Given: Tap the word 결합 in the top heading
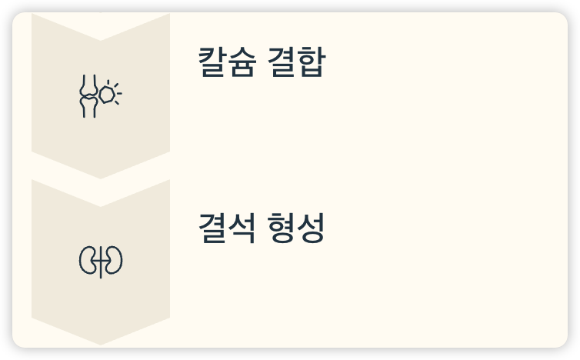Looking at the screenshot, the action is tap(298, 62).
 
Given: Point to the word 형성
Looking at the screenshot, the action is tap(297, 228).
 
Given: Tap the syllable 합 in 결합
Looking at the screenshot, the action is tap(312, 62).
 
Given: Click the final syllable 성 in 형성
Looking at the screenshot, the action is tap(312, 228).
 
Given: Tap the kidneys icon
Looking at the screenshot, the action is tap(101, 262).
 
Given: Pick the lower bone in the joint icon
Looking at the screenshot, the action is tap(88, 108).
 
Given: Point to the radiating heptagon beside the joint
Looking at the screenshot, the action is tap(109, 94).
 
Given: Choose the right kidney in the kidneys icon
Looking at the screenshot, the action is tap(113, 262).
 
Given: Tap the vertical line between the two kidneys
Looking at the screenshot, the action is tap(101, 262).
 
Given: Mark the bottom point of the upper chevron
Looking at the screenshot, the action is tap(101, 177).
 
